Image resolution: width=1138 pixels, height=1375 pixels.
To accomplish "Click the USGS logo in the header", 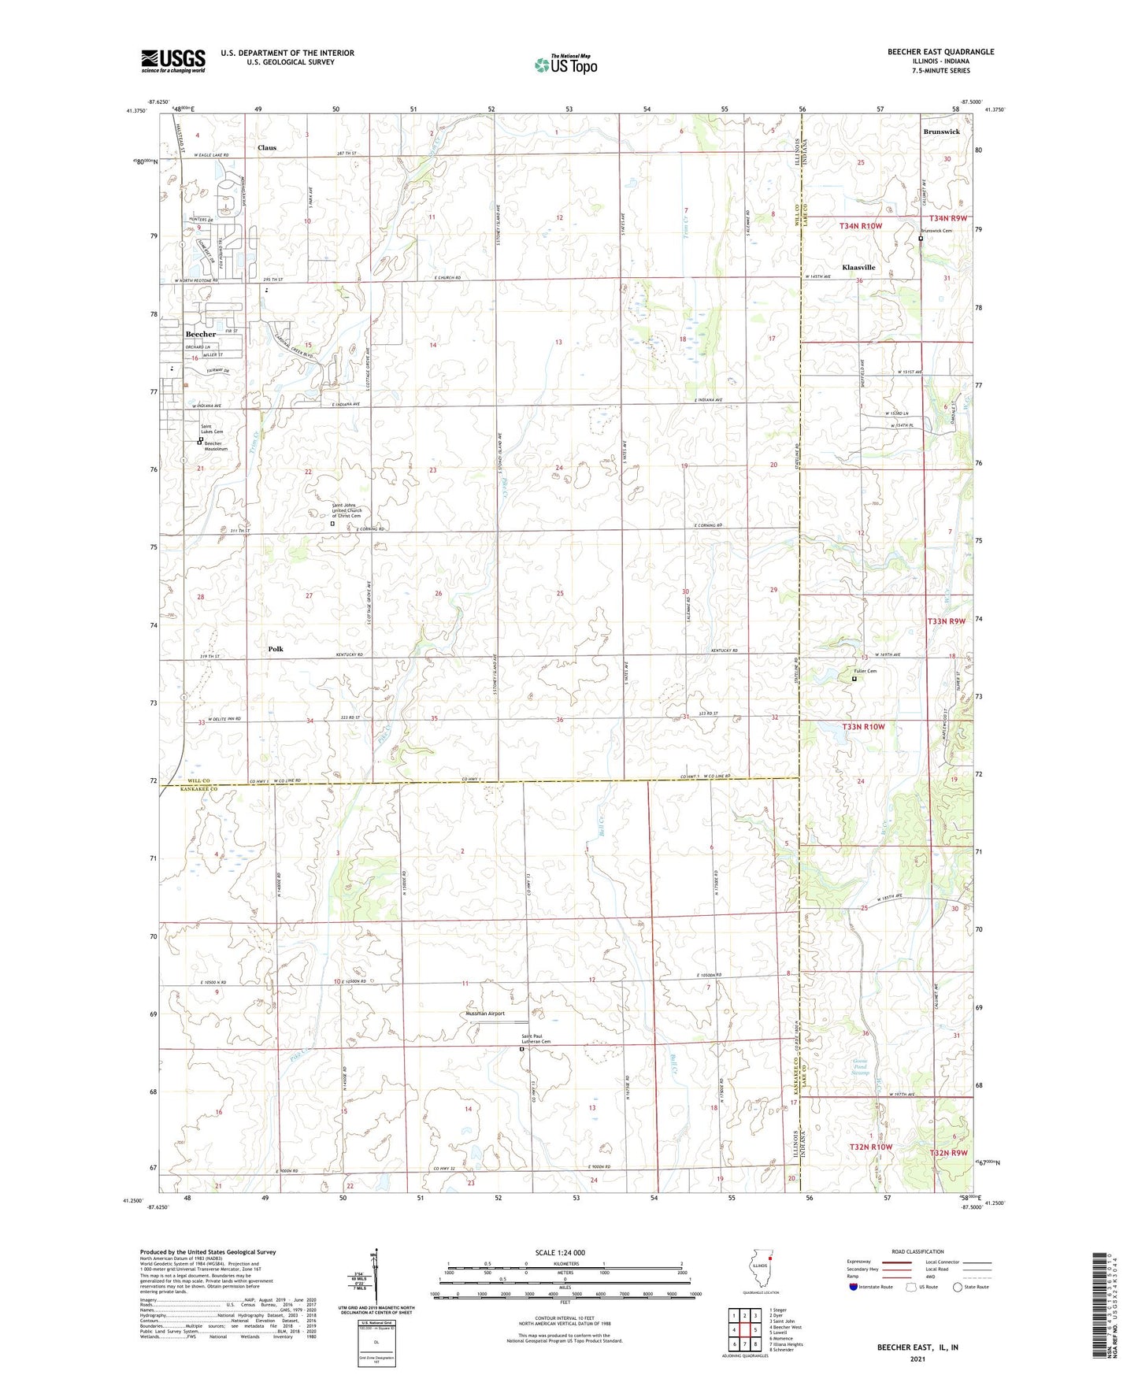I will click(x=173, y=61).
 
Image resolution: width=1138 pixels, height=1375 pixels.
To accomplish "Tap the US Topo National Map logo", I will click(x=565, y=64).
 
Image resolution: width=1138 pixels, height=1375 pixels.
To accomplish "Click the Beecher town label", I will click(x=200, y=334).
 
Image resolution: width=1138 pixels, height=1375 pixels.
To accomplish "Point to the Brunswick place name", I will click(x=941, y=132).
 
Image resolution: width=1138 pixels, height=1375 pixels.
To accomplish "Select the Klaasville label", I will click(x=858, y=267).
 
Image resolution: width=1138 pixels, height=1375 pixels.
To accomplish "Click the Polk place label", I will click(x=275, y=649).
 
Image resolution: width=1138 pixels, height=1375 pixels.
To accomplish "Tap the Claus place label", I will click(x=267, y=147).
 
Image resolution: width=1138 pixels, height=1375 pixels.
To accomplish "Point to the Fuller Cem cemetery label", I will click(x=865, y=671).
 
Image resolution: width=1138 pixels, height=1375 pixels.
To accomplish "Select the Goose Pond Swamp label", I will click(x=863, y=1067).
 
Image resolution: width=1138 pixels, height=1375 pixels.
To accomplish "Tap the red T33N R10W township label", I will click(x=863, y=726).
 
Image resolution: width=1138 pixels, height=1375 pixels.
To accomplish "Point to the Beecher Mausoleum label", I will click(x=213, y=446).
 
